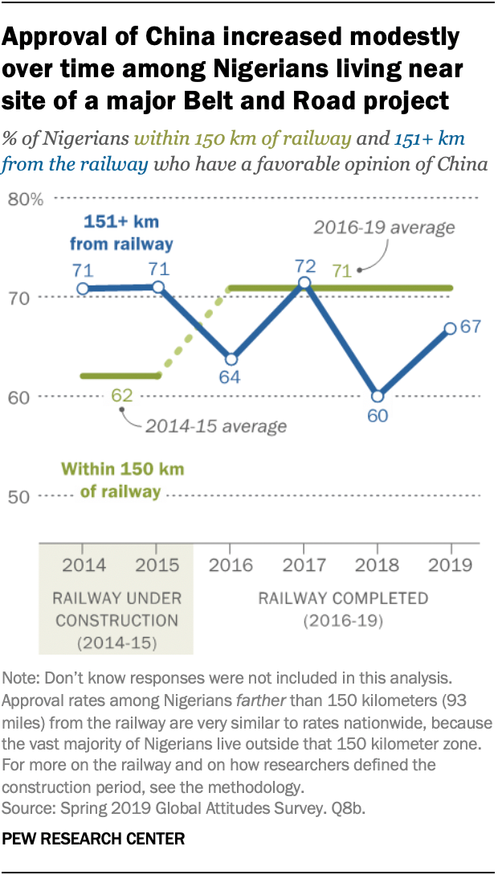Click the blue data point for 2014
click(83, 288)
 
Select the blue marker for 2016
click(231, 359)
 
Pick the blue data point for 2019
click(451, 328)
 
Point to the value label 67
click(471, 328)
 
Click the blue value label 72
click(304, 265)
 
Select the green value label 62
click(122, 395)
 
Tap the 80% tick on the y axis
click(25, 199)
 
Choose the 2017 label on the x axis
click(304, 565)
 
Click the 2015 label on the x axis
click(157, 565)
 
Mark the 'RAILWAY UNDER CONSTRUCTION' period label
click(116, 620)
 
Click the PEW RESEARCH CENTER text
click(94, 839)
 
